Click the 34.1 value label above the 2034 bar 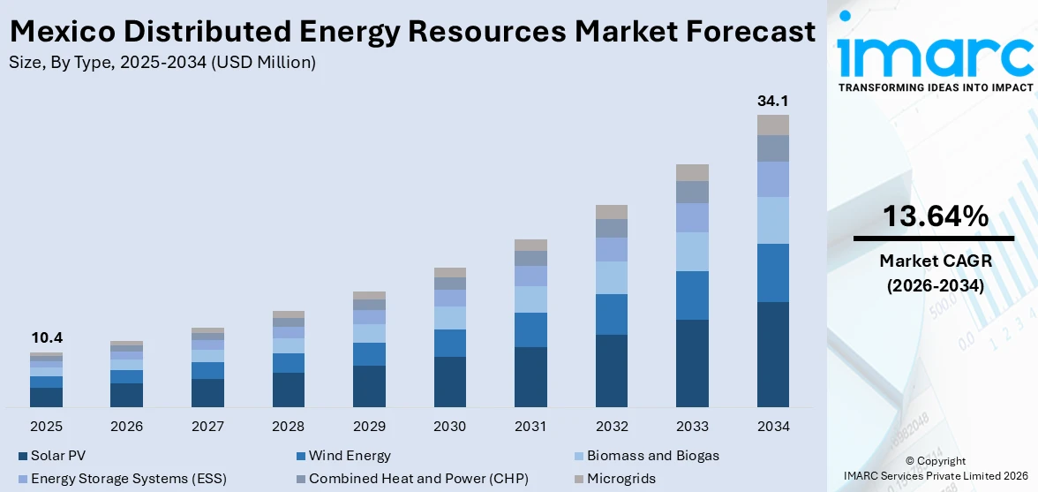pyautogui.click(x=772, y=101)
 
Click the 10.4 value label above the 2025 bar pyautogui.click(x=46, y=337)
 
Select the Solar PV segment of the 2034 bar pyautogui.click(x=772, y=354)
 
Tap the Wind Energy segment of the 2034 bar pyautogui.click(x=772, y=273)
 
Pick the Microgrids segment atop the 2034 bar pyautogui.click(x=772, y=125)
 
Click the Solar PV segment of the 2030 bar pyautogui.click(x=449, y=382)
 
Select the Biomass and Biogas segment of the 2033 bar pyautogui.click(x=692, y=252)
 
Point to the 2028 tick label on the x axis pyautogui.click(x=288, y=427)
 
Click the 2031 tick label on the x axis pyautogui.click(x=530, y=427)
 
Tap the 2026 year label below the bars pyautogui.click(x=126, y=427)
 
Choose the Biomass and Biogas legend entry pyautogui.click(x=645, y=456)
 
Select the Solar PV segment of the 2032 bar pyautogui.click(x=611, y=371)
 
